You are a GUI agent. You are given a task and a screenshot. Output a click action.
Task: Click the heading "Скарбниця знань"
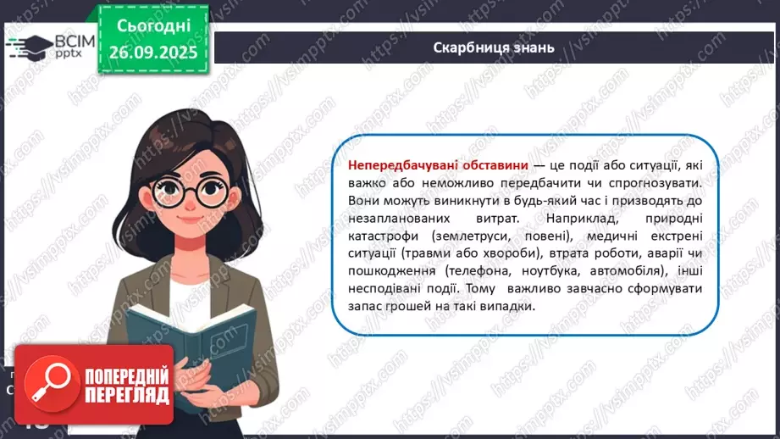(x=494, y=47)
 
